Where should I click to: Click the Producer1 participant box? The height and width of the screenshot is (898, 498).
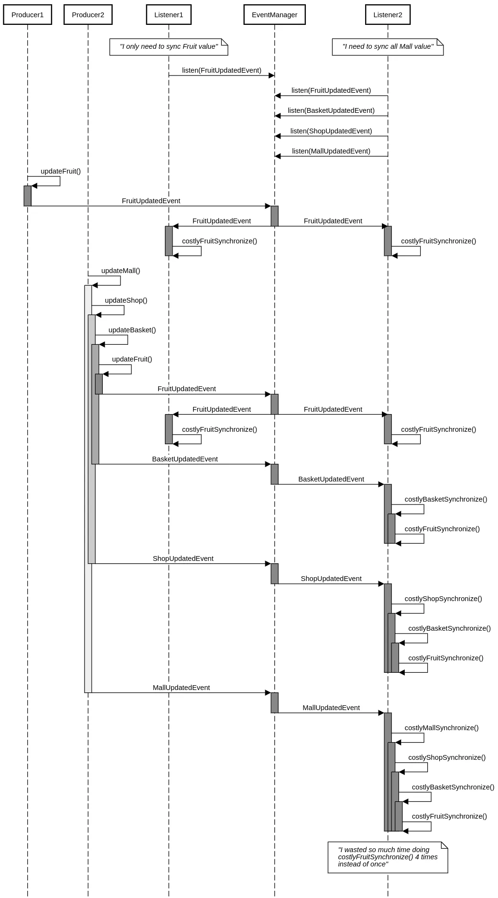click(x=27, y=15)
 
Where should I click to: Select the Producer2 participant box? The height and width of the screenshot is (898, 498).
click(x=88, y=15)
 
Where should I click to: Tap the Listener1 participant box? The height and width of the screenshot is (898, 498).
click(x=169, y=15)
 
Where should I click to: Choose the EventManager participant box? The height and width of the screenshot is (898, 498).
click(x=274, y=15)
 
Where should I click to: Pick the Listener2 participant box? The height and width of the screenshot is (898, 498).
click(x=388, y=15)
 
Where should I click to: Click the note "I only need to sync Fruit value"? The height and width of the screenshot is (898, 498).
click(x=169, y=47)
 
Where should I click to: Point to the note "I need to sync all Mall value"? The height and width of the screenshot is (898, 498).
click(x=388, y=47)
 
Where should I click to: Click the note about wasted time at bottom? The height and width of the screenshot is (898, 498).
click(x=388, y=857)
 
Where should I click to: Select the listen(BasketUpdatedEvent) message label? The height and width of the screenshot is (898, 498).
click(x=331, y=110)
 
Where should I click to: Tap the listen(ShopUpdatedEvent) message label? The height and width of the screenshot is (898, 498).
click(x=331, y=131)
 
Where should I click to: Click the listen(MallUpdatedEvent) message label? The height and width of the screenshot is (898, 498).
click(x=331, y=151)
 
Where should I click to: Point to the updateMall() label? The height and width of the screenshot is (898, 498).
click(x=120, y=271)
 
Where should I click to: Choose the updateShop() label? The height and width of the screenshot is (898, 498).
click(x=126, y=300)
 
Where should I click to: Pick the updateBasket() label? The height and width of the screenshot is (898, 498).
click(x=132, y=330)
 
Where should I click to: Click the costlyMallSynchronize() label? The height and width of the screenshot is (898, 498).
click(x=441, y=728)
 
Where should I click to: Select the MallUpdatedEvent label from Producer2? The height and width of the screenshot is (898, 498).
click(x=181, y=688)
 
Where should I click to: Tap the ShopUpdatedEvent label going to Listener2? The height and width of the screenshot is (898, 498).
click(x=331, y=579)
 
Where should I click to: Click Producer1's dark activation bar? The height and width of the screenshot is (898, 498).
click(x=28, y=196)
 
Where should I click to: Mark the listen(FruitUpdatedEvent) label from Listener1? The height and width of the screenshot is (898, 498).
click(x=221, y=70)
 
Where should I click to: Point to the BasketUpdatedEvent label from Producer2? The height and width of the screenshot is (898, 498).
click(x=185, y=459)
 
